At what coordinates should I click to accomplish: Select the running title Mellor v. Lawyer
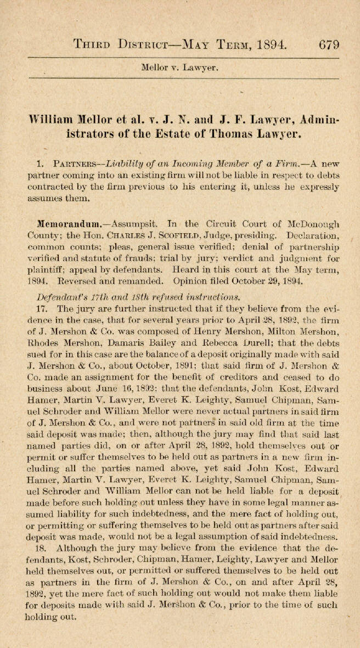tap(180, 69)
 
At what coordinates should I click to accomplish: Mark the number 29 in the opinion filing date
tap(279, 281)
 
